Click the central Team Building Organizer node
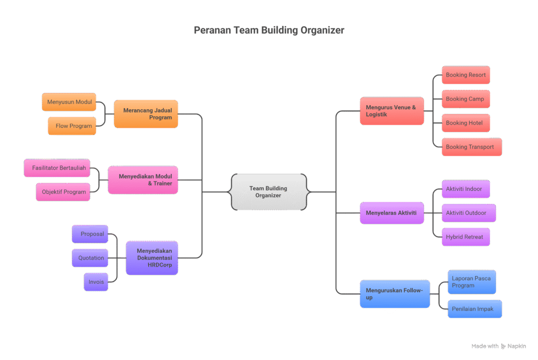pyautogui.click(x=268, y=192)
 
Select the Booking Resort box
pyautogui.click(x=465, y=75)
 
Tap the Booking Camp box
pyautogui.click(x=465, y=99)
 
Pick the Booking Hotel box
pyautogui.click(x=465, y=123)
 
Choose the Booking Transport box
pyautogui.click(x=471, y=147)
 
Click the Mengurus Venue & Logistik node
pyautogui.click(x=391, y=111)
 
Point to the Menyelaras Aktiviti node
pyautogui.click(x=391, y=213)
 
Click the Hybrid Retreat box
pyautogui.click(x=465, y=237)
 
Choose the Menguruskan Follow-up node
pyautogui.click(x=395, y=294)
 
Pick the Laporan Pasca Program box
pyautogui.click(x=471, y=282)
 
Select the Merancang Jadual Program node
pyautogui.click(x=146, y=114)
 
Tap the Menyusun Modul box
pyautogui.click(x=69, y=102)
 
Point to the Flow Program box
pyautogui.click(x=73, y=126)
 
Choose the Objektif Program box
pyautogui.click(x=63, y=192)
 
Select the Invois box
pyautogui.click(x=96, y=282)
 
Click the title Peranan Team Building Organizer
pyautogui.click(x=269, y=30)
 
